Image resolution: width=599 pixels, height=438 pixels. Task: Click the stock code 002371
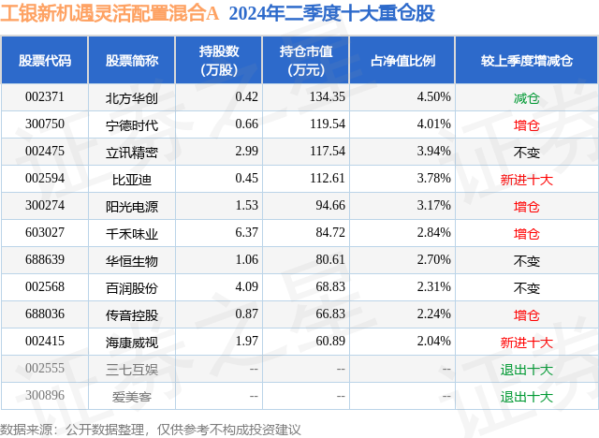coord(45,97)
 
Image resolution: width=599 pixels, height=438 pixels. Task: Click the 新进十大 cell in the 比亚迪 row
coord(527,179)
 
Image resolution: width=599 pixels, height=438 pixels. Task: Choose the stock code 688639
coord(45,260)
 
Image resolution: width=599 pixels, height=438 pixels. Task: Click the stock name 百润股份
coord(131,287)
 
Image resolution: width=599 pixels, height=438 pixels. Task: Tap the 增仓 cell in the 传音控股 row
coord(527,314)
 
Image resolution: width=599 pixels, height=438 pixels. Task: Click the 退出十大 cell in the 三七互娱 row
coord(527,369)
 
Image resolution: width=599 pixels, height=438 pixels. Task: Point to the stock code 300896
coord(45,396)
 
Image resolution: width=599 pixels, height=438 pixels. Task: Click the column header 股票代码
coord(45,60)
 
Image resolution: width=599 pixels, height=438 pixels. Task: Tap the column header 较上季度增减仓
coord(527,60)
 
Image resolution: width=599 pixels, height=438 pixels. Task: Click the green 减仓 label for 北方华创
coord(527,97)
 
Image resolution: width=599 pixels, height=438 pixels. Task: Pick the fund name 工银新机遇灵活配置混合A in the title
coord(111,15)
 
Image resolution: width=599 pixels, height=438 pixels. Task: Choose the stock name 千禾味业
coord(131,233)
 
